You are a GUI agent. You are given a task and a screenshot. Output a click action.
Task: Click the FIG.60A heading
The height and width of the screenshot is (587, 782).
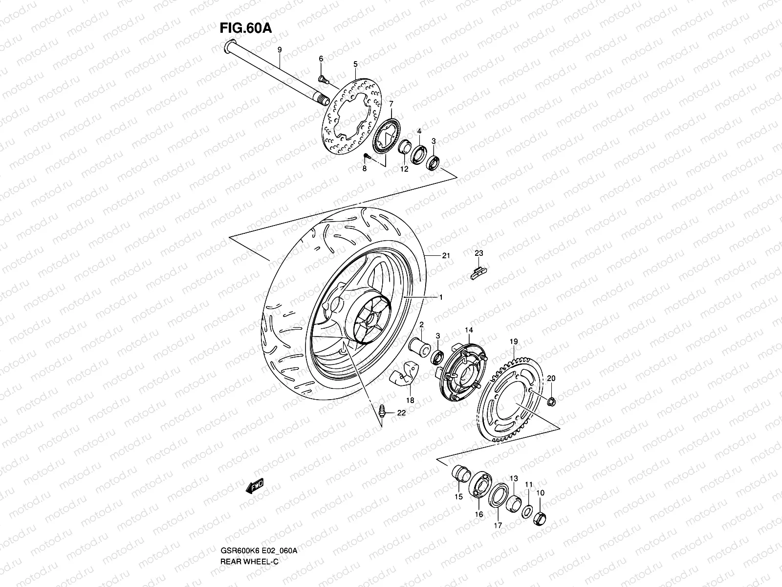click(245, 28)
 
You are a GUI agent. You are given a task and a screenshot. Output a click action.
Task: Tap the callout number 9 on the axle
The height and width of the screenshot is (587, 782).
click(280, 50)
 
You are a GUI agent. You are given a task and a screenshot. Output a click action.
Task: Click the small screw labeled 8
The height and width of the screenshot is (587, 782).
click(367, 157)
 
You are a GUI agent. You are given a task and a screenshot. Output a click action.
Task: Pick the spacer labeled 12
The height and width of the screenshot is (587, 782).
click(404, 147)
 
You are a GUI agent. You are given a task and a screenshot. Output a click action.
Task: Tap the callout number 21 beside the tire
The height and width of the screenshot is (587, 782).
click(445, 255)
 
